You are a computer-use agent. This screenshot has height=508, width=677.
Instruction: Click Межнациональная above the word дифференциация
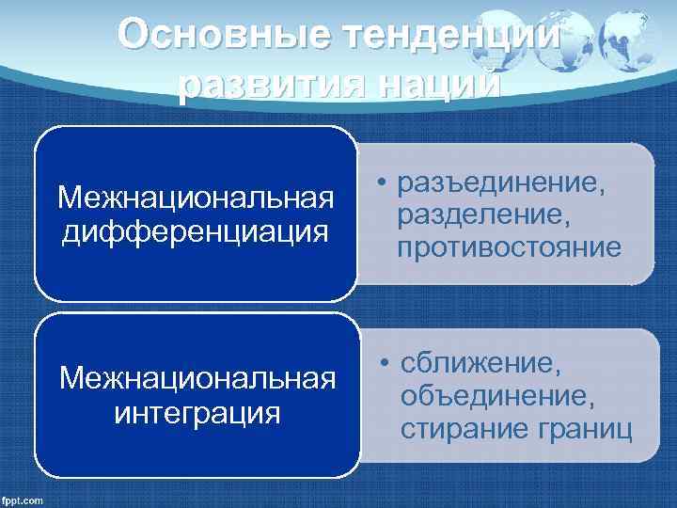(x=196, y=198)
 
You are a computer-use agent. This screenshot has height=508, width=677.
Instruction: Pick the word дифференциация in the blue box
(x=196, y=230)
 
